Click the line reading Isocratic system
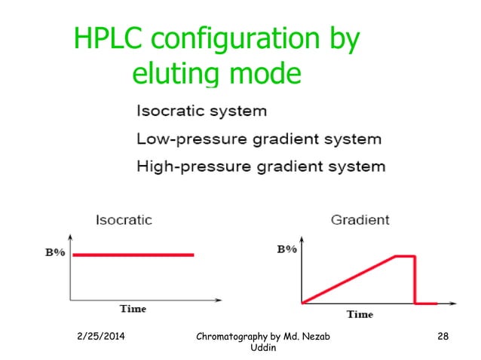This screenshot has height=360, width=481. (201, 111)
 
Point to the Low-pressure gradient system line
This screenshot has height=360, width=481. (259, 139)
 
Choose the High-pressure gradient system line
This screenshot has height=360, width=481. (260, 166)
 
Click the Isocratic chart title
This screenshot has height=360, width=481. (124, 221)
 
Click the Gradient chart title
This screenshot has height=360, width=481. (360, 221)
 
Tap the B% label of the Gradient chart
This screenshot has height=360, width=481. (286, 249)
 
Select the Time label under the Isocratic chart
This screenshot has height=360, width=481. (133, 309)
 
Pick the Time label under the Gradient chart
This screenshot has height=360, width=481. (360, 314)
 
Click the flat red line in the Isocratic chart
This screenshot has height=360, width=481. (133, 255)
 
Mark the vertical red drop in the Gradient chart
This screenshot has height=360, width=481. (415, 280)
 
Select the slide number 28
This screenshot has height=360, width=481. (443, 336)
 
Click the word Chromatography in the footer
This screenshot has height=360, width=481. (234, 336)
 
